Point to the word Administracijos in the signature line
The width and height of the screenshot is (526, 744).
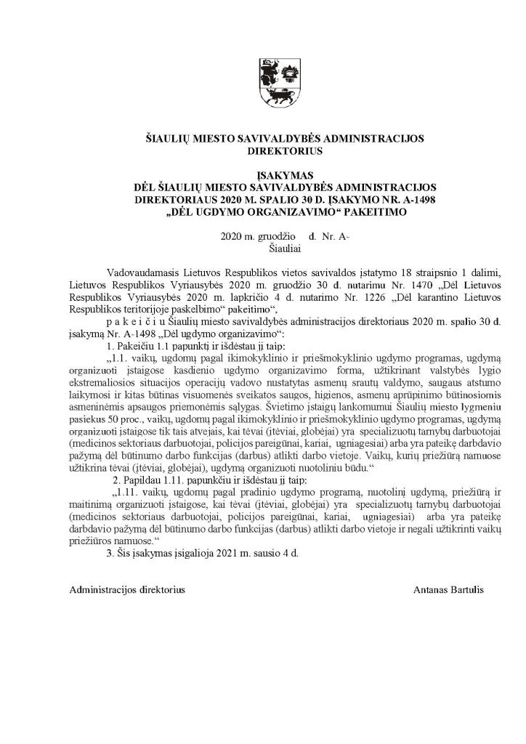(x=102, y=589)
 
